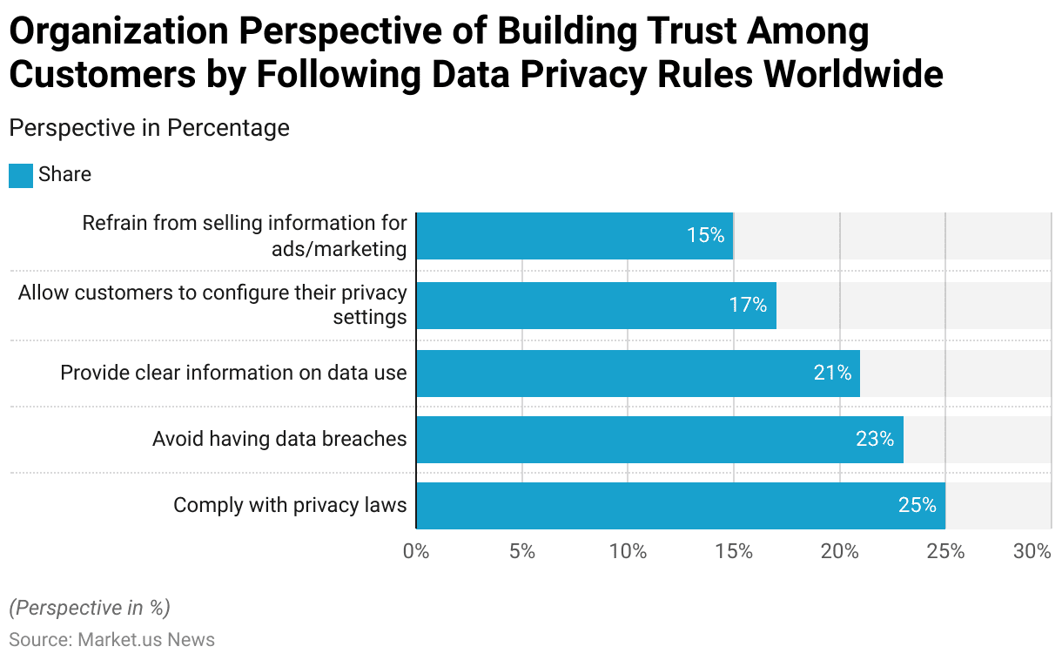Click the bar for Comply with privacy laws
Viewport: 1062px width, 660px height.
point(679,505)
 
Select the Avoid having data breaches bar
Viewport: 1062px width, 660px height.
point(659,439)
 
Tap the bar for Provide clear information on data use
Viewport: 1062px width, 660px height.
point(637,373)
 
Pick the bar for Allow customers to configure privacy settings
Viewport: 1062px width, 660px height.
point(595,306)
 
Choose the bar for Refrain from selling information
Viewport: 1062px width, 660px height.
point(575,236)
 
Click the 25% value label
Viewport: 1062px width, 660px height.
point(917,505)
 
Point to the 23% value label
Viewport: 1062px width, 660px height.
point(875,439)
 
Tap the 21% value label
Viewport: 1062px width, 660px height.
point(832,373)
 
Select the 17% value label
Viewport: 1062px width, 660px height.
point(748,306)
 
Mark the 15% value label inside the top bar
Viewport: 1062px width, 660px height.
point(705,235)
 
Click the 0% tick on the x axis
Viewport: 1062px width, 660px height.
point(416,551)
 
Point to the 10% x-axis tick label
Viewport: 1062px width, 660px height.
point(628,551)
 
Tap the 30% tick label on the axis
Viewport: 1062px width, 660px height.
point(1032,551)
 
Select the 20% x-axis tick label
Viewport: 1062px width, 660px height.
point(840,551)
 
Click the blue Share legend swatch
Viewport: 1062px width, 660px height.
point(20,175)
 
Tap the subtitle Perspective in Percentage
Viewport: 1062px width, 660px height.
point(149,128)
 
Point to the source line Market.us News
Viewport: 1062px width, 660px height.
point(111,640)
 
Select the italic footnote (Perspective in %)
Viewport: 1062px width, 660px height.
point(90,608)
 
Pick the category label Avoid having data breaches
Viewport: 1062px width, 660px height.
point(279,439)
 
